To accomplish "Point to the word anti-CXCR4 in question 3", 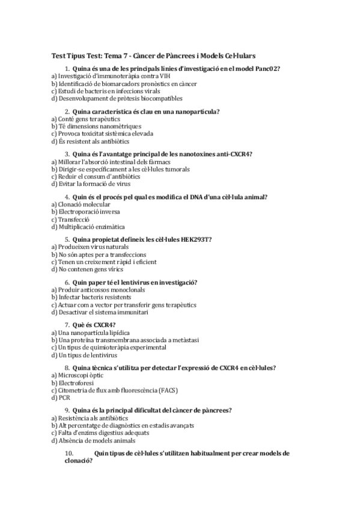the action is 231,155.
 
